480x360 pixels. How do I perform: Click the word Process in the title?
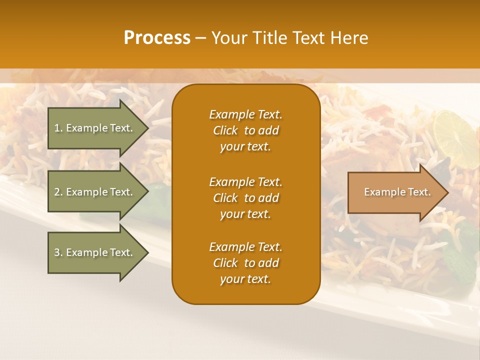(157, 38)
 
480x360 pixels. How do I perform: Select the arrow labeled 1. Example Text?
(95, 128)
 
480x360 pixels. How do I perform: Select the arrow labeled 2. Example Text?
(95, 192)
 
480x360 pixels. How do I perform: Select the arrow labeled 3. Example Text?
(95, 252)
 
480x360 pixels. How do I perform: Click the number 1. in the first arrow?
(58, 128)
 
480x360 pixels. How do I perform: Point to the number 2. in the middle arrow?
(58, 192)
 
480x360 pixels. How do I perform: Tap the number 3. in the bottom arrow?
(58, 252)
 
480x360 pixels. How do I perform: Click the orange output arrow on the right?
(395, 192)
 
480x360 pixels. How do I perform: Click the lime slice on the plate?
(453, 131)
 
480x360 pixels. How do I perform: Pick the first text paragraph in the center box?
(245, 130)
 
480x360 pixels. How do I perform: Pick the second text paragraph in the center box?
(245, 198)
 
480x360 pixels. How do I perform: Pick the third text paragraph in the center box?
(245, 263)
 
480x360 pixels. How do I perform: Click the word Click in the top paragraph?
(225, 130)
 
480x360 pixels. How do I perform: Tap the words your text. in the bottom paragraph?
(245, 279)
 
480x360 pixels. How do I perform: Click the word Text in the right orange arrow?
(419, 192)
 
